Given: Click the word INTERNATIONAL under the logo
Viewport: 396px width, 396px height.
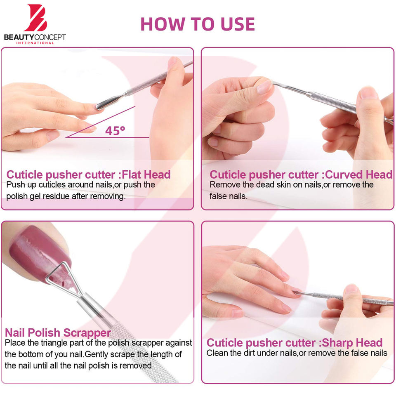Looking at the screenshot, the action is coord(35,43).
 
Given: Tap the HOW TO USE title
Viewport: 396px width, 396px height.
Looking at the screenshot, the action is coord(198,24).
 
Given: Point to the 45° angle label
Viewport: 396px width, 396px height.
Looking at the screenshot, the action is coord(115,131).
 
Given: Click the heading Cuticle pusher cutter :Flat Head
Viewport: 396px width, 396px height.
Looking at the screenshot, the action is coord(88,174).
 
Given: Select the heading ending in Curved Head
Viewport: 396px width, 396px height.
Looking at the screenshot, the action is coord(301,174).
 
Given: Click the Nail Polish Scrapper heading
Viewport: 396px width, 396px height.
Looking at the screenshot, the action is coord(58,332).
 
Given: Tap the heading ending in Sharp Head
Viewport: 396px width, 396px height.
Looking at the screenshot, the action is coord(295,343).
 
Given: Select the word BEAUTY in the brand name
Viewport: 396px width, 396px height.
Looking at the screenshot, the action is coord(19,38).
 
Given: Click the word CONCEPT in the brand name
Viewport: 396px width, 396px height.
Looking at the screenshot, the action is coord(50,38).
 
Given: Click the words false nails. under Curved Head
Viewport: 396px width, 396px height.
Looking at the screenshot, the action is coord(228,196).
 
